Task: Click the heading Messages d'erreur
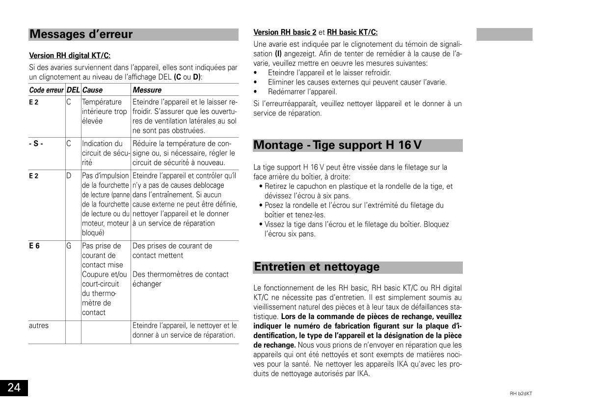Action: (81, 34)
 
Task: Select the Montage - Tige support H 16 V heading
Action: (337, 146)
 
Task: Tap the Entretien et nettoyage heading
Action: (317, 267)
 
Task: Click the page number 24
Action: (14, 388)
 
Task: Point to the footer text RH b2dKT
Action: (521, 393)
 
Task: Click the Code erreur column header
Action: (47, 90)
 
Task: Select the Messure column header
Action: (147, 90)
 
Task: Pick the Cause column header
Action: (92, 90)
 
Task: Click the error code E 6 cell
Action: (34, 246)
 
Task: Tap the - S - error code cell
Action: (36, 144)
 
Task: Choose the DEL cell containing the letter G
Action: (69, 246)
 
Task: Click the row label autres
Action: (39, 325)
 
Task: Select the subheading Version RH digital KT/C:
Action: (70, 56)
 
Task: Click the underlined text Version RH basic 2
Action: (285, 32)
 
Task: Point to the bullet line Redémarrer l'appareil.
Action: (302, 92)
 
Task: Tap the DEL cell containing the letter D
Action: (69, 175)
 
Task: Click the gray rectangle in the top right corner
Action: (505, 34)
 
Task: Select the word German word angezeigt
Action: (300, 54)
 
